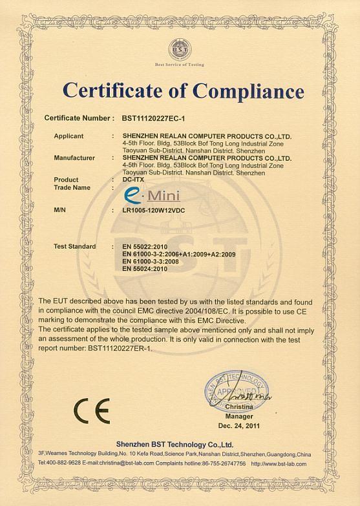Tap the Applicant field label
(69, 136)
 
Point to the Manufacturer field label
(74, 158)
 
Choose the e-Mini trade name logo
(152, 194)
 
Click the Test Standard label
(75, 246)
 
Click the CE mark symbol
(92, 410)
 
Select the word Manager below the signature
(239, 417)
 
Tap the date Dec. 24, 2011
(239, 427)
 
